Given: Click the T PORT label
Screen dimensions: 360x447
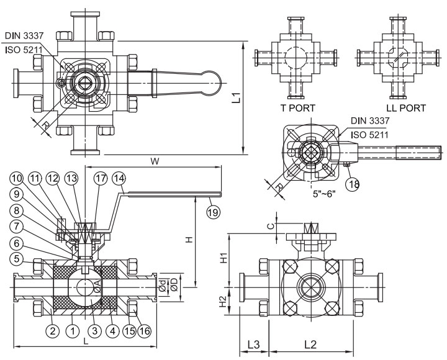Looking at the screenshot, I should point(297,107).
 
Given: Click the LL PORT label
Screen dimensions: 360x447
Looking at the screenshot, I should point(404,107).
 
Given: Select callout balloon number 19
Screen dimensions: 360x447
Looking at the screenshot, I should point(212,212).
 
